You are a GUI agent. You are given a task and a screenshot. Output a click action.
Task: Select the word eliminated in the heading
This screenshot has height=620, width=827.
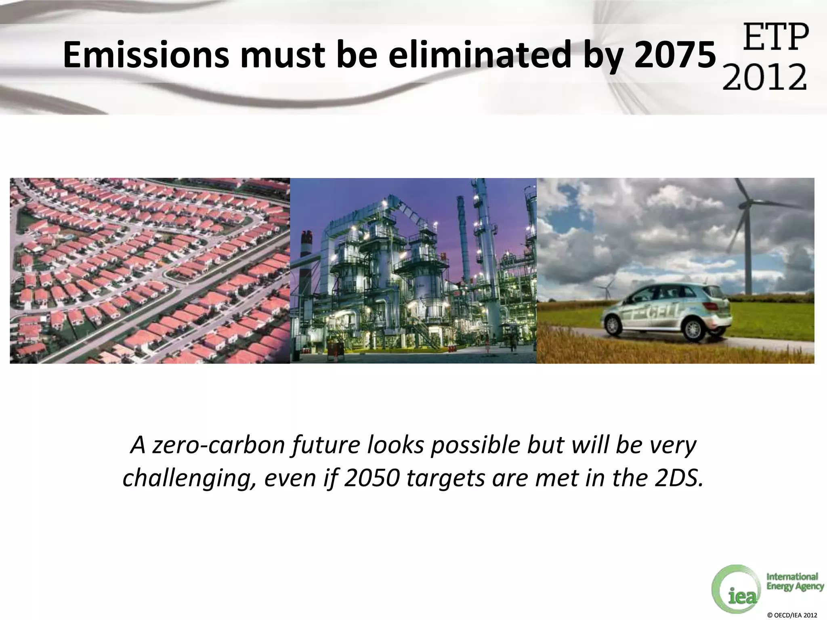coord(481,55)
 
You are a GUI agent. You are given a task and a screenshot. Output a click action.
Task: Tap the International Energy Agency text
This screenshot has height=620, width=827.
coord(794,582)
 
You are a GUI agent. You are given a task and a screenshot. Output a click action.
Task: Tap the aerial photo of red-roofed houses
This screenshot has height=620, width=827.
coord(149,270)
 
